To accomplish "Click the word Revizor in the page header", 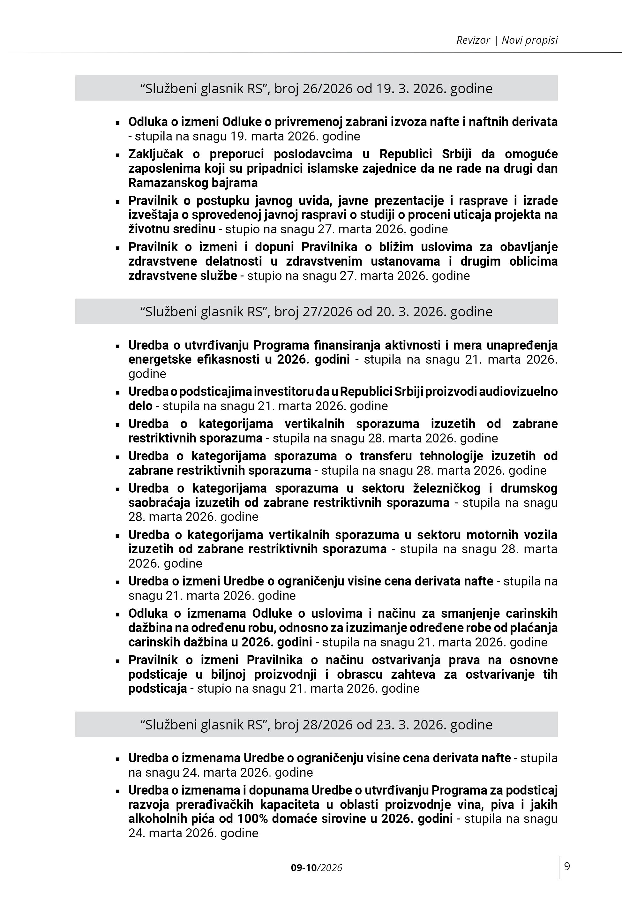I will tap(473, 40).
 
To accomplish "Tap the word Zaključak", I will tap(156, 154).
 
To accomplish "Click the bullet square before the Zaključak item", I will tap(117, 155).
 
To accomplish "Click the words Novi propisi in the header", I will tap(530, 40).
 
